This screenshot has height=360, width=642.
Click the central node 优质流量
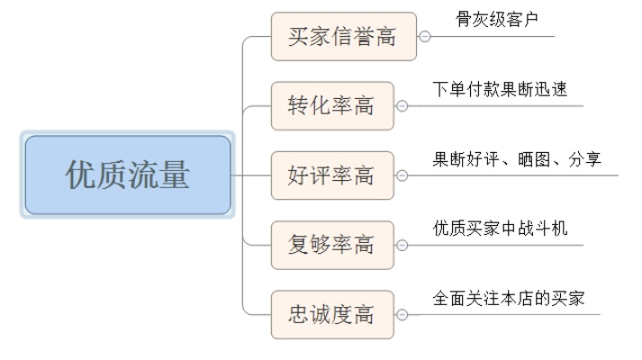click(x=128, y=175)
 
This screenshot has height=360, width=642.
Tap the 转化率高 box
click(x=332, y=106)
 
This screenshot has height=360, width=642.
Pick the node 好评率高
click(x=332, y=175)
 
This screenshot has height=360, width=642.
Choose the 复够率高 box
click(x=332, y=245)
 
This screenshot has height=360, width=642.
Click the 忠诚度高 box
click(x=332, y=315)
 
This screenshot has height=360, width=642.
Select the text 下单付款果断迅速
click(x=500, y=90)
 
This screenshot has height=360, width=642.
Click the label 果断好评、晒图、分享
click(x=517, y=159)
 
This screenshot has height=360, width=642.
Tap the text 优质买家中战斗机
click(x=500, y=229)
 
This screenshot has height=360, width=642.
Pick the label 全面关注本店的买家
click(x=509, y=298)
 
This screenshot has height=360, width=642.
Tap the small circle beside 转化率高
click(x=402, y=106)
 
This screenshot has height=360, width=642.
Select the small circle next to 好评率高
click(x=402, y=175)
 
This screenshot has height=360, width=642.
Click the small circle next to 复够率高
click(x=402, y=245)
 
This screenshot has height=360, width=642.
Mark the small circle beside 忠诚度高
click(x=402, y=315)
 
